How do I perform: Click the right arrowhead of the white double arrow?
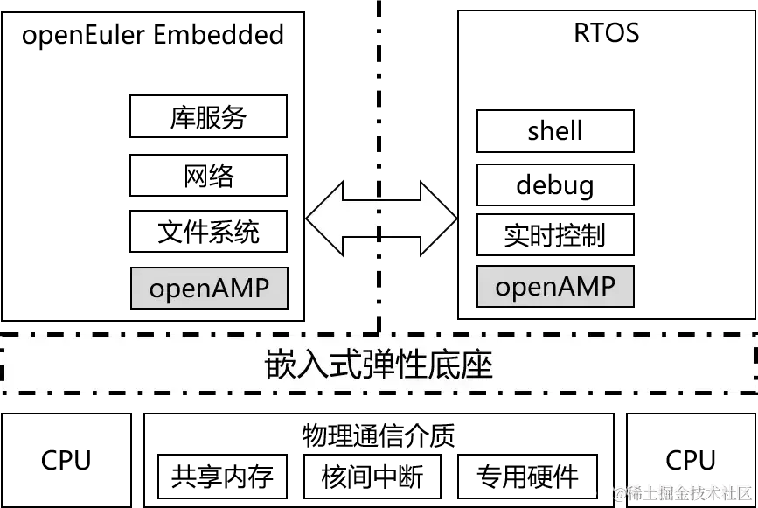click(x=437, y=219)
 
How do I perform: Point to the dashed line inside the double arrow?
click(x=379, y=219)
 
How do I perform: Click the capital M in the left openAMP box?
click(x=242, y=289)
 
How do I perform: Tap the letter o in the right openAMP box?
click(x=504, y=288)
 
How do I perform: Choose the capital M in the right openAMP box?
click(x=588, y=286)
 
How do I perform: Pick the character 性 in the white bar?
click(x=413, y=365)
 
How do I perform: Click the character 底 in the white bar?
click(x=446, y=365)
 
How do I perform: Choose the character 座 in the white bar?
click(x=478, y=365)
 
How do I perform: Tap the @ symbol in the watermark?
click(x=619, y=492)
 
